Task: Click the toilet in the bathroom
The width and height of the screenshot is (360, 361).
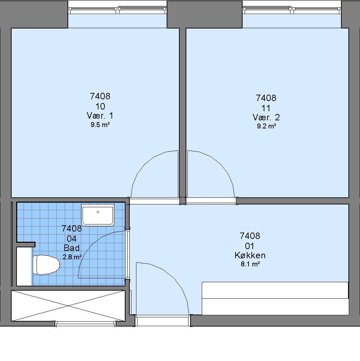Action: (x=46, y=265)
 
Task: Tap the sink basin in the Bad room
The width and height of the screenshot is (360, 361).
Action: (x=98, y=215)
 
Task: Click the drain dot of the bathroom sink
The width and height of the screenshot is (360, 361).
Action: (x=98, y=212)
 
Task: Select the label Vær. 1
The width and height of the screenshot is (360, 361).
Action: (x=100, y=115)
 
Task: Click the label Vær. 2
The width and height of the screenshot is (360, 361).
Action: (x=266, y=118)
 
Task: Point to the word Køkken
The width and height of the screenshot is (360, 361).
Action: (x=250, y=255)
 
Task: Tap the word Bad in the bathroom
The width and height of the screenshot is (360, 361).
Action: (x=72, y=248)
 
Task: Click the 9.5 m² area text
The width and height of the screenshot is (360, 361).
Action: (x=100, y=125)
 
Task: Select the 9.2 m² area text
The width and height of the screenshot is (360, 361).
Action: (x=266, y=126)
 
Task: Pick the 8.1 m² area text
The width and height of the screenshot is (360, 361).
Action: (x=250, y=264)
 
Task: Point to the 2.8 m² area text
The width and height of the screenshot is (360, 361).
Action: (x=72, y=257)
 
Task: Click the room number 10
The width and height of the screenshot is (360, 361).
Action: (x=100, y=106)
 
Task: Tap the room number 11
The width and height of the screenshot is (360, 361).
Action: (x=266, y=108)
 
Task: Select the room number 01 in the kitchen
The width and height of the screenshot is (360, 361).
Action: (x=250, y=246)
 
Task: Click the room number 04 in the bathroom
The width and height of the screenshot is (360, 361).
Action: (x=71, y=239)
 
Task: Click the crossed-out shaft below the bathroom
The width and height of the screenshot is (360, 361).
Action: (x=68, y=305)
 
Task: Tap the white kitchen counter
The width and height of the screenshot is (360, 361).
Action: (x=275, y=298)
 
